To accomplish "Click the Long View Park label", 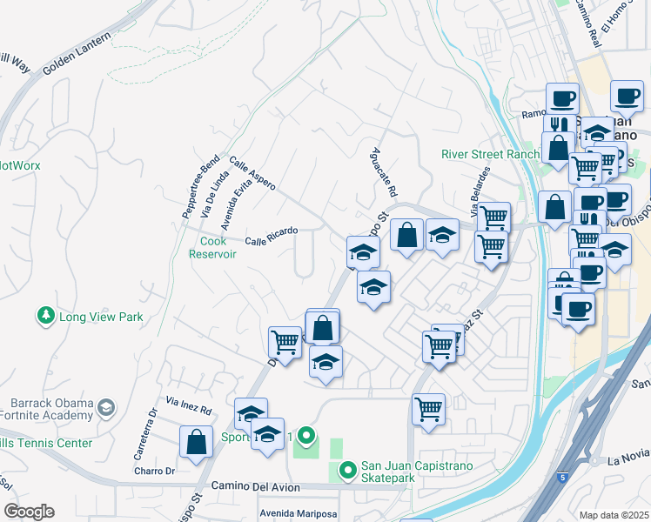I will tap(100, 318).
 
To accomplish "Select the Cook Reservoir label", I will tap(213, 247).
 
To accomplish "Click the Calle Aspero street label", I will tap(252, 174).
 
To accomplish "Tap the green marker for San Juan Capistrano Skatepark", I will tap(347, 471).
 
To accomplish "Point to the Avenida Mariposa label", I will tap(298, 513).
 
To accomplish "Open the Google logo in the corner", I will tap(29, 512).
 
